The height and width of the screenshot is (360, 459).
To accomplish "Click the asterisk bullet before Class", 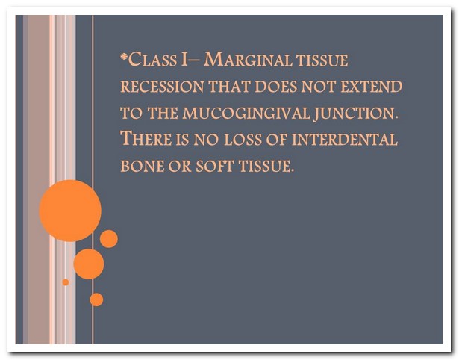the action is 124,56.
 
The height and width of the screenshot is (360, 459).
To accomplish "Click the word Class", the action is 152,60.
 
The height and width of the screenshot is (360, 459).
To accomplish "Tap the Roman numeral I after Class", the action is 184,60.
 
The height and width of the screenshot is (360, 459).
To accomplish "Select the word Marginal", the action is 248,60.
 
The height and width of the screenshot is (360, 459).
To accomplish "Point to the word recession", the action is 162,87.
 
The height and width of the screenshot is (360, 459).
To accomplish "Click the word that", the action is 230,87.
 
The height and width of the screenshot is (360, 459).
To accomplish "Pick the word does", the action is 275,87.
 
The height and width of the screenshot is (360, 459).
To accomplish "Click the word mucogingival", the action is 246,113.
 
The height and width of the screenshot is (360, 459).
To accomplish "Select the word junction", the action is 356,114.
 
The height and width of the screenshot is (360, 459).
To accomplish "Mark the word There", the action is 146,138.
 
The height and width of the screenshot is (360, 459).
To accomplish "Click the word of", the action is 276,140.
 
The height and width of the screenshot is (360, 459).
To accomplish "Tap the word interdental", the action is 345,140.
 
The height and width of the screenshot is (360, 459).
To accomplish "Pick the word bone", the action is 143,166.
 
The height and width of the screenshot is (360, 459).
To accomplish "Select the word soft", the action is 214,166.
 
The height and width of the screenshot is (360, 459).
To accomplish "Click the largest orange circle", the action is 70,211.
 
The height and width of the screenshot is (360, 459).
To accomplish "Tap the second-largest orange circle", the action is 89,264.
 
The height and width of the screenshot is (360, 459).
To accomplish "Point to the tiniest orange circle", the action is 66,282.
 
